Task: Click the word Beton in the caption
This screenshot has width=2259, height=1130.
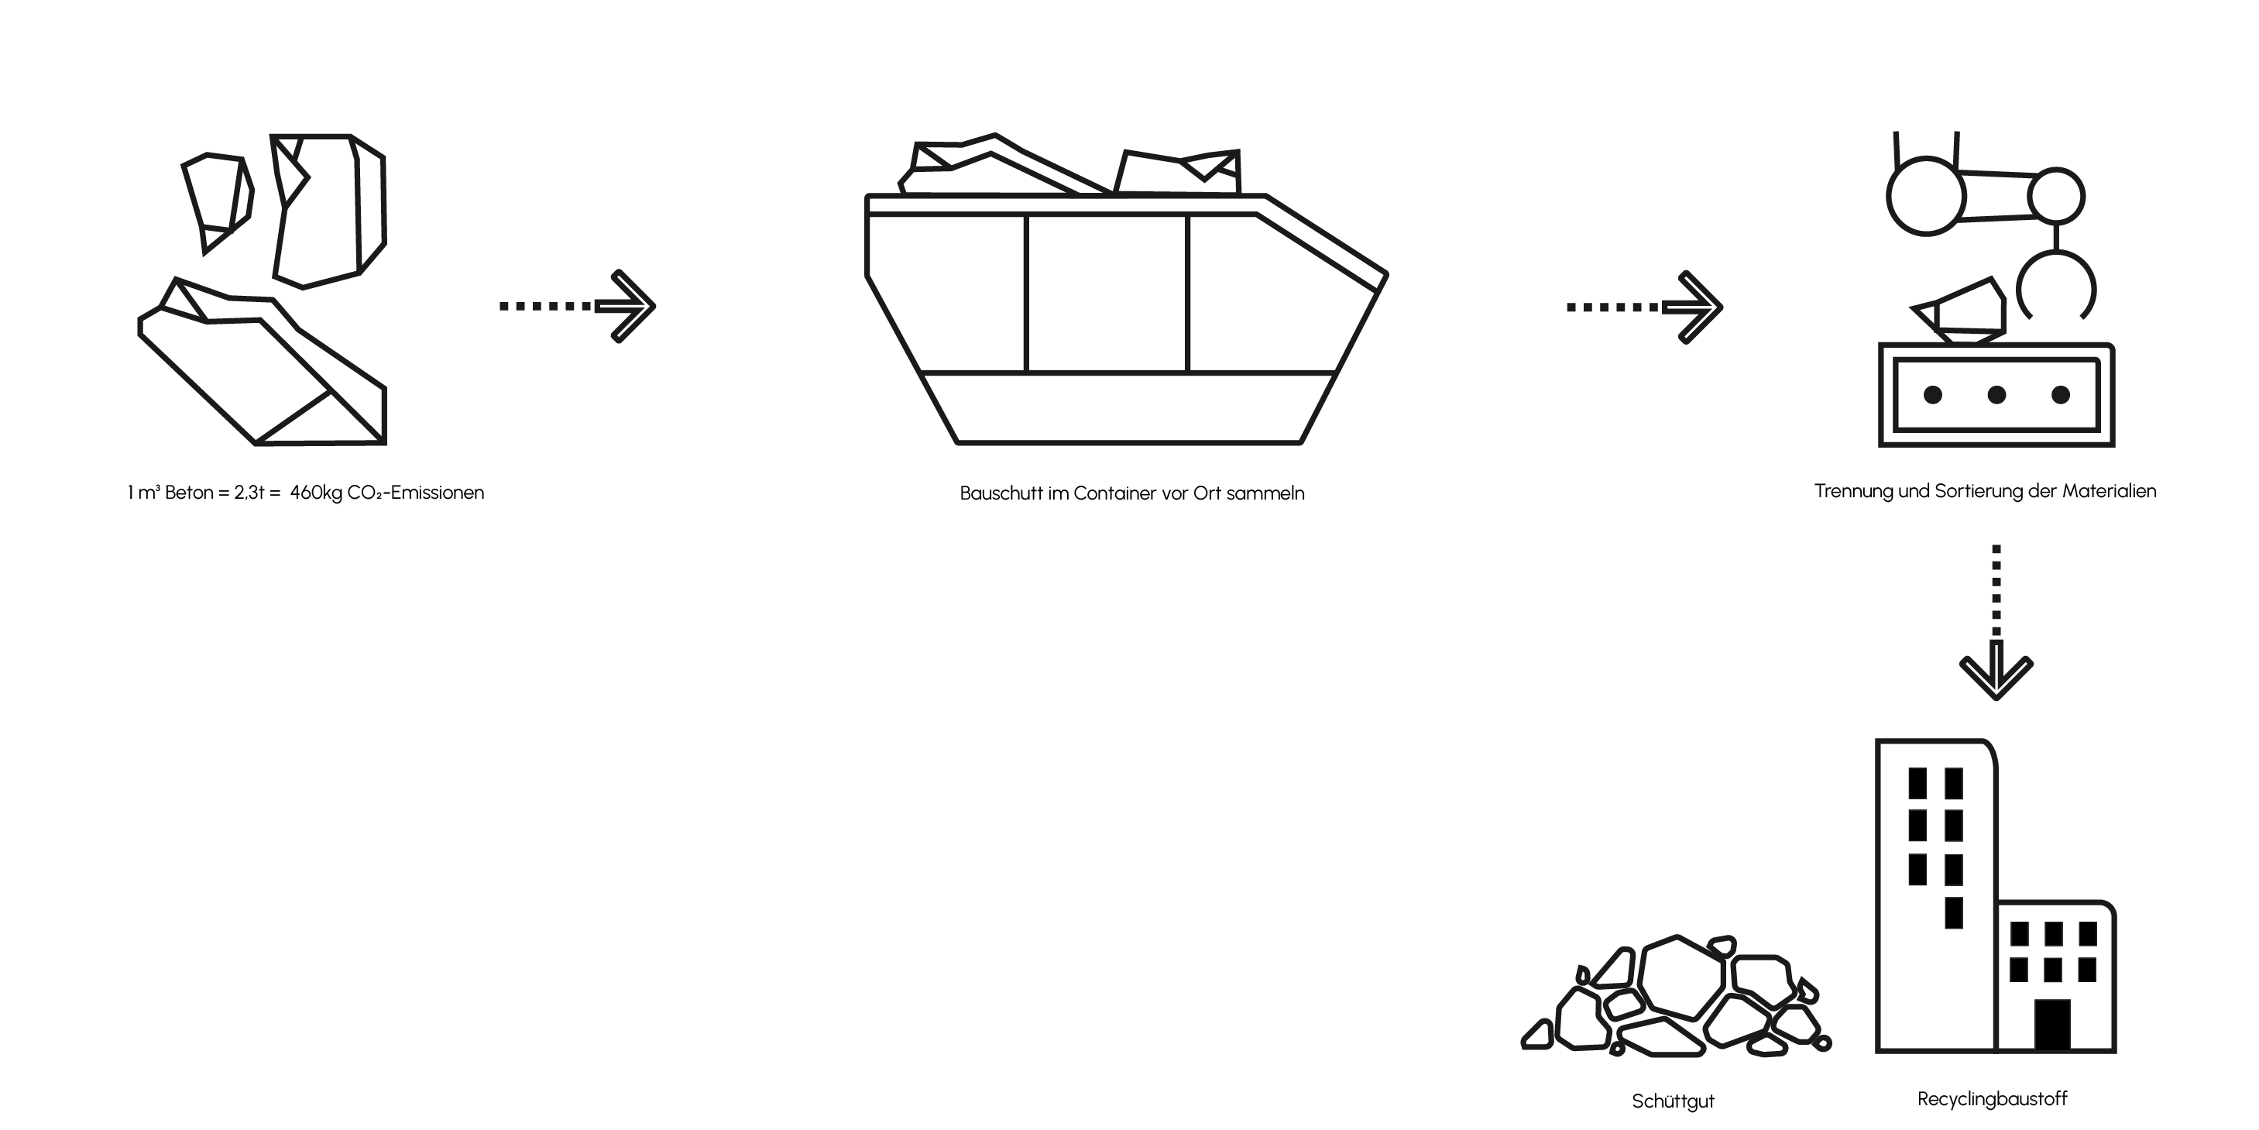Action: click(190, 493)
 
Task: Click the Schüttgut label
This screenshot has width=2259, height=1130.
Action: click(1672, 1101)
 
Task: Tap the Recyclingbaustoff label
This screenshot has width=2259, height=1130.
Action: click(1993, 1099)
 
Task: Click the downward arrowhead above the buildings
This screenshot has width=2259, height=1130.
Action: click(1996, 674)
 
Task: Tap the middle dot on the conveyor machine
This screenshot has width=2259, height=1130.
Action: click(1996, 395)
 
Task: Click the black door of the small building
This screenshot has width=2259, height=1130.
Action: click(2052, 1025)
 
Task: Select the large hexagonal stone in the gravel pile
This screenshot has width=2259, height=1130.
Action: click(1682, 977)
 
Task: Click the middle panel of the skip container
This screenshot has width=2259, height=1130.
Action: click(1107, 293)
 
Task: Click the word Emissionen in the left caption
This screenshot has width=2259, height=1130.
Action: click(438, 493)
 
